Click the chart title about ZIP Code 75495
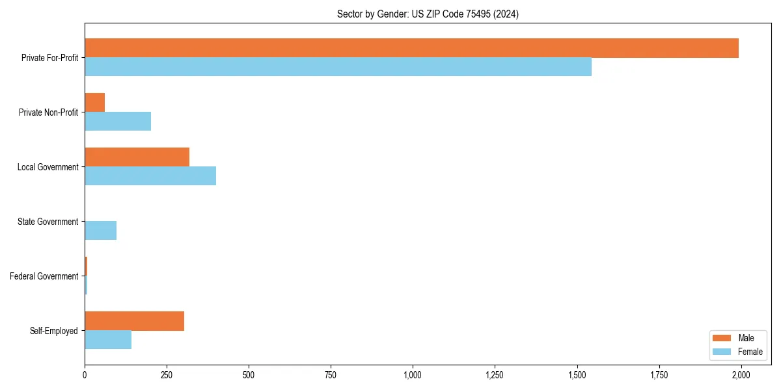pyautogui.click(x=428, y=14)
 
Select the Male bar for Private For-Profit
pyautogui.click(x=411, y=48)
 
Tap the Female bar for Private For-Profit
pyautogui.click(x=338, y=67)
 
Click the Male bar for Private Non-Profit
pyautogui.click(x=95, y=103)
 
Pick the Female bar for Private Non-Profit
pyautogui.click(x=118, y=122)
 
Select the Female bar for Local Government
pyautogui.click(x=150, y=176)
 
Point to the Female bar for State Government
pyautogui.click(x=101, y=231)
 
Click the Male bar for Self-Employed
pyautogui.click(x=134, y=321)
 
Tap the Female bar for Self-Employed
pyautogui.click(x=108, y=340)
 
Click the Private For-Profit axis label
pyautogui.click(x=49, y=58)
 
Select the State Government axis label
pyautogui.click(x=48, y=222)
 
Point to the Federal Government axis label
pyautogui.click(x=44, y=276)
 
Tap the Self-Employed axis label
pyautogui.click(x=53, y=331)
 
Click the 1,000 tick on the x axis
pyautogui.click(x=413, y=375)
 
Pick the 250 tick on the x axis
pyautogui.click(x=167, y=375)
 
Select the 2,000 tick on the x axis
pyautogui.click(x=741, y=375)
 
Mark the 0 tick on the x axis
pyautogui.click(x=85, y=375)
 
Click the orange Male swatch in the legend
pyautogui.click(x=722, y=338)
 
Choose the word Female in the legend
pyautogui.click(x=750, y=352)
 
